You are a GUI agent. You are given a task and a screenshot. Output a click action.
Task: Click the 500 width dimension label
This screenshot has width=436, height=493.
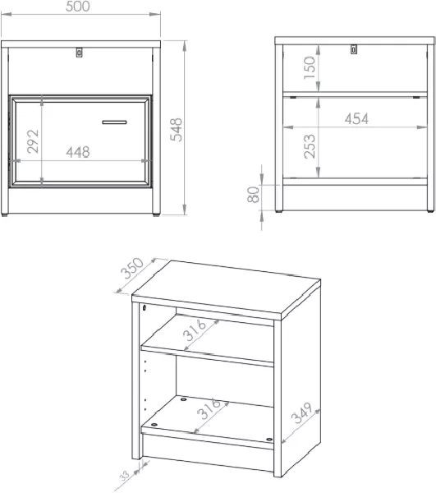pyautogui.click(x=77, y=7)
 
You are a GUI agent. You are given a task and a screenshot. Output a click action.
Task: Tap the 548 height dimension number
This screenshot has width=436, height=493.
pyautogui.click(x=176, y=130)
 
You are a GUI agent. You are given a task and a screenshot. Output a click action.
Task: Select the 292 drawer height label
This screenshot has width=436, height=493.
pyautogui.click(x=33, y=141)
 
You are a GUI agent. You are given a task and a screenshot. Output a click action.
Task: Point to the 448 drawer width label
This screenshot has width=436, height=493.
pyautogui.click(x=78, y=152)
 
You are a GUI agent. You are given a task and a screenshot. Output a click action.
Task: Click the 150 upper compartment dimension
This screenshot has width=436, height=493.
pyautogui.click(x=310, y=68)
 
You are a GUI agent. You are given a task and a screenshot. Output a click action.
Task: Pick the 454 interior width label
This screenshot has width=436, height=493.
pyautogui.click(x=356, y=119)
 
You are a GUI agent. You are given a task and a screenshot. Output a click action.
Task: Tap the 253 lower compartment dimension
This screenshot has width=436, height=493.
pyautogui.click(x=310, y=146)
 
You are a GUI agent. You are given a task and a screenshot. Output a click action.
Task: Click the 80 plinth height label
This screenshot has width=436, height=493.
pyautogui.click(x=254, y=195)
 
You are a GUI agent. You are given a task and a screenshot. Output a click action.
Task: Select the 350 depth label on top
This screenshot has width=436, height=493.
pyautogui.click(x=133, y=268)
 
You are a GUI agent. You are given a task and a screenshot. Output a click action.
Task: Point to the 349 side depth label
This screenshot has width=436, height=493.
pyautogui.click(x=301, y=412)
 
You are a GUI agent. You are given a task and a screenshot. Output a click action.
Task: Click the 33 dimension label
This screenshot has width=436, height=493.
pyautogui.click(x=124, y=476)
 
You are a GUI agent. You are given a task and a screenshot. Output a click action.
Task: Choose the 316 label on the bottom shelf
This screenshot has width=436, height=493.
pyautogui.click(x=209, y=408)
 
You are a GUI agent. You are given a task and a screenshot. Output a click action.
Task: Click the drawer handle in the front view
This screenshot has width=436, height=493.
pyautogui.click(x=114, y=122)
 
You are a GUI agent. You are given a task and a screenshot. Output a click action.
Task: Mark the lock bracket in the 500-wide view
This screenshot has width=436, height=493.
pyautogui.click(x=79, y=53)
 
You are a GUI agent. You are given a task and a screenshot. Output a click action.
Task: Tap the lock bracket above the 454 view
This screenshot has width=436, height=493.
pyautogui.click(x=354, y=49)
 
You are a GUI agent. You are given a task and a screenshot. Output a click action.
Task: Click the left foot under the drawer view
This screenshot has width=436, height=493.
pyautogui.click(x=4, y=215)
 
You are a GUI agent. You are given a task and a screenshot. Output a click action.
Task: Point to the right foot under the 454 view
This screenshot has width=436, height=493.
pyautogui.click(x=430, y=211)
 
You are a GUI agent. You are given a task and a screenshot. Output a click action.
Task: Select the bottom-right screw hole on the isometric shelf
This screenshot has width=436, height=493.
pyautogui.click(x=269, y=440)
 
